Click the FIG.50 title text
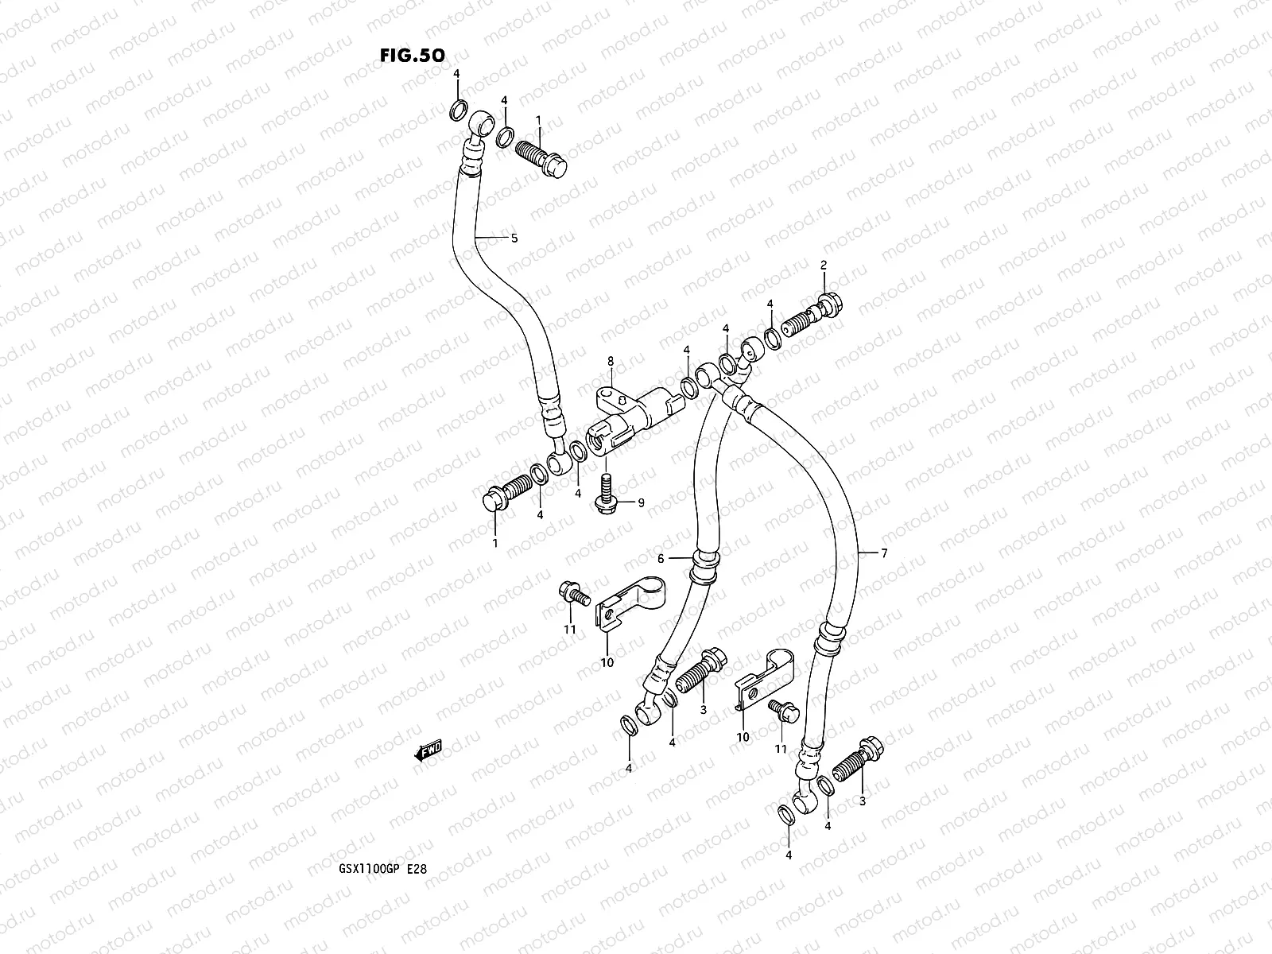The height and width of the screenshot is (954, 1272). [412, 55]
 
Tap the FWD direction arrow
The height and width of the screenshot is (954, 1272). [428, 750]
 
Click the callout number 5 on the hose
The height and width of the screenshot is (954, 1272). [514, 238]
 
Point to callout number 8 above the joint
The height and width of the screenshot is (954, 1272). [611, 361]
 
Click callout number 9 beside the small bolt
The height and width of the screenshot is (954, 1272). [640, 502]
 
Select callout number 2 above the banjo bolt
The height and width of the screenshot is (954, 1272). [824, 264]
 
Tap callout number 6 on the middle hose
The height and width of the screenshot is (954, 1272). [660, 559]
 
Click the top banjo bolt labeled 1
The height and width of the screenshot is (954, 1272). [544, 157]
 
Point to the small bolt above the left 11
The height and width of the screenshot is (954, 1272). [572, 592]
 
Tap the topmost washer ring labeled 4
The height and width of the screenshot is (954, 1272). [458, 109]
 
